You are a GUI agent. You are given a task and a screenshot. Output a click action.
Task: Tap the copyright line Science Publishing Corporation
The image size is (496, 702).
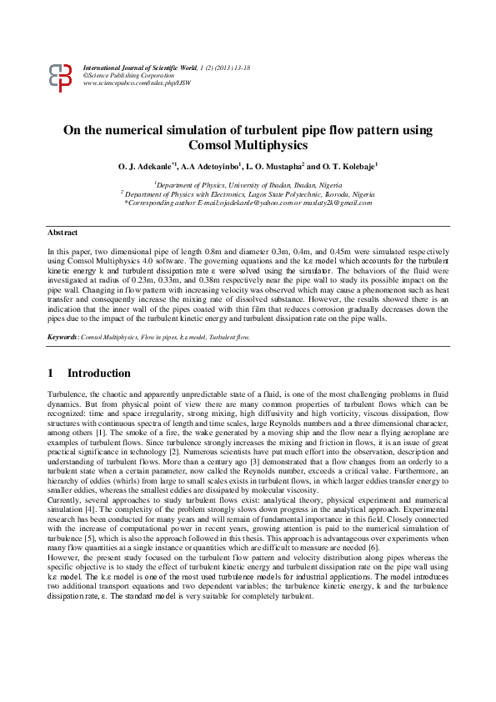[x=129, y=74]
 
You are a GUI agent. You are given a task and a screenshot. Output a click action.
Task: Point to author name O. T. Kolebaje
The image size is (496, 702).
[x=349, y=168]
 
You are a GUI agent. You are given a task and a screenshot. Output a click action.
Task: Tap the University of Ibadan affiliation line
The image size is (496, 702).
[x=248, y=184]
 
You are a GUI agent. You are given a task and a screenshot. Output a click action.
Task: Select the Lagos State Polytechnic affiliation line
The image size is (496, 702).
[x=248, y=193]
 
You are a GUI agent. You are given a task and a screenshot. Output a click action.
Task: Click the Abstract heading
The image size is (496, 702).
[x=62, y=233]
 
